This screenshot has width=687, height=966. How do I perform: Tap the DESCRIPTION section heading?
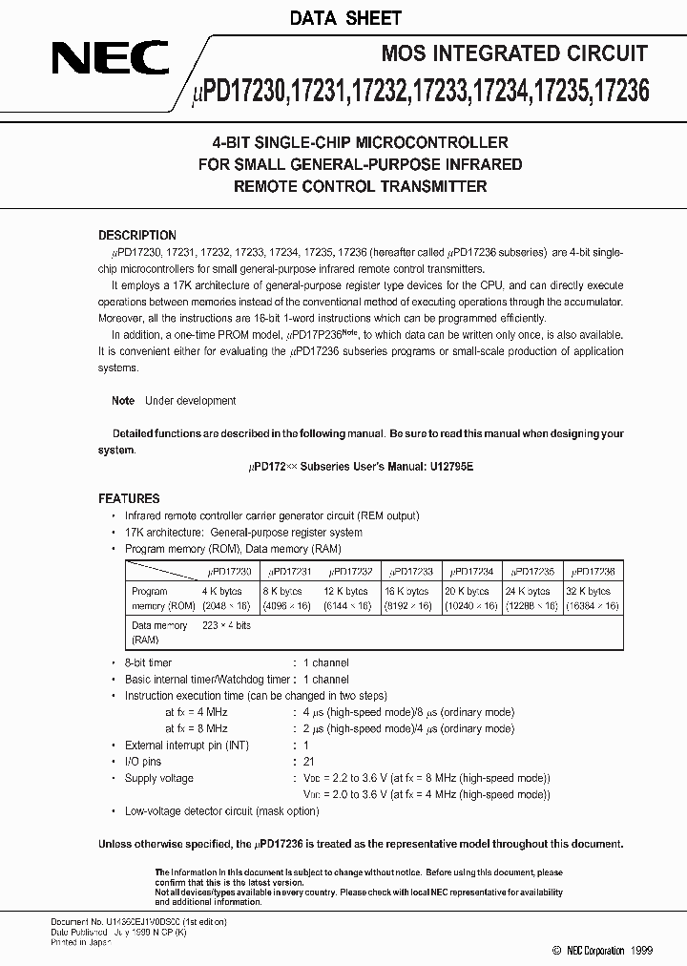137,235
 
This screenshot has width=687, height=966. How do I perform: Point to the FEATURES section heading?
129,498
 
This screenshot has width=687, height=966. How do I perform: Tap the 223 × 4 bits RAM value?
227,625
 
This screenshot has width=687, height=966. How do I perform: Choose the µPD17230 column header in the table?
230,571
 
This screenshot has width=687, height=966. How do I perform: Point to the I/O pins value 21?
308,761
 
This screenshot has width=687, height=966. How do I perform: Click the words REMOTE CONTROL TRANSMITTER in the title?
361,186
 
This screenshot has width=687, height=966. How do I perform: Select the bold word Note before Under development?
123,401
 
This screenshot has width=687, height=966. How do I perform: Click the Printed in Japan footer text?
81,941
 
